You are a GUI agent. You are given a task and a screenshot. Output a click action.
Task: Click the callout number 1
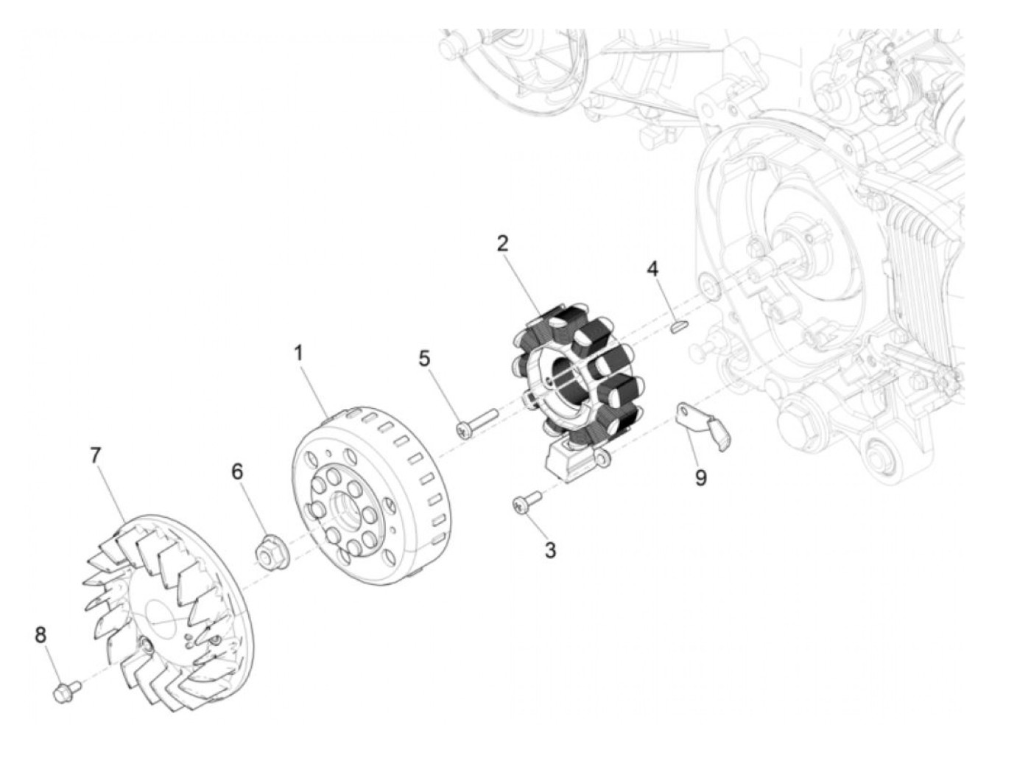click(x=299, y=353)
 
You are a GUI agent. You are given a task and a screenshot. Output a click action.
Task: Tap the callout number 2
click(x=502, y=244)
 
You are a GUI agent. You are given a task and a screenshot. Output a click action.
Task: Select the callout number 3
click(x=550, y=550)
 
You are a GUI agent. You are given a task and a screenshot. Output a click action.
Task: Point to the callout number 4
click(x=652, y=269)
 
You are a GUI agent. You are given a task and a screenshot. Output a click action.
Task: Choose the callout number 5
click(x=424, y=358)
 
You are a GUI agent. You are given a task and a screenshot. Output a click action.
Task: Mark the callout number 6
click(x=238, y=471)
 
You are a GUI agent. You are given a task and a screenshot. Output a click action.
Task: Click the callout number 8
click(x=41, y=635)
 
